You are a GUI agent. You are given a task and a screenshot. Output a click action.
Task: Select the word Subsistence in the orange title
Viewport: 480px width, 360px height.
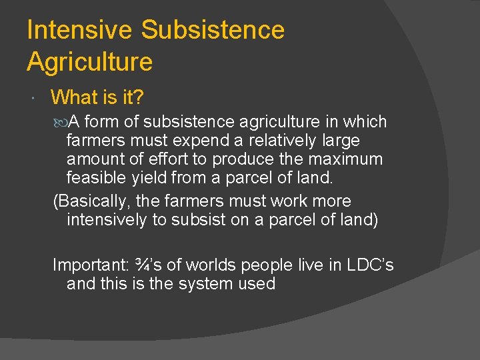pos(213,30)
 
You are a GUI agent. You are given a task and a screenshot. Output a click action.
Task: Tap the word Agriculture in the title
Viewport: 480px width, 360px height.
pos(89,62)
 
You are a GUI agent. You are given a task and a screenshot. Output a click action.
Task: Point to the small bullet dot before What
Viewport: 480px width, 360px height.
pos(33,99)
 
